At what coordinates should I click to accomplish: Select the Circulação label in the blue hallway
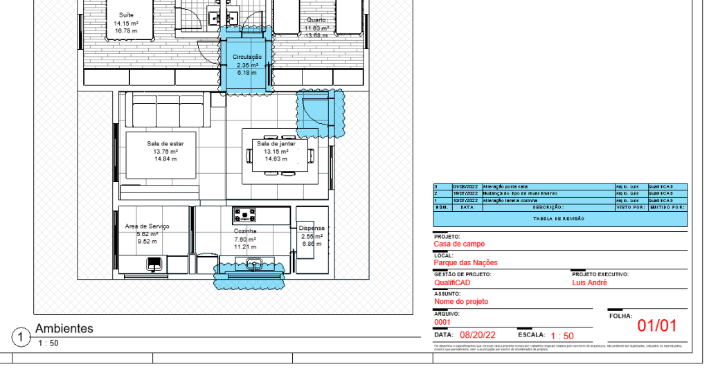click(x=246, y=57)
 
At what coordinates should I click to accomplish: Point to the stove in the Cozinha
click(x=245, y=215)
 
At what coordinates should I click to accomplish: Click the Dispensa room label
click(x=312, y=228)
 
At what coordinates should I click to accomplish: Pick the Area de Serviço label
click(x=147, y=226)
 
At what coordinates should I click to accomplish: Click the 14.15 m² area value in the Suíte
click(x=126, y=23)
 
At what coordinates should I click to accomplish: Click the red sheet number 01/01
click(x=656, y=326)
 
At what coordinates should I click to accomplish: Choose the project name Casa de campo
click(x=459, y=244)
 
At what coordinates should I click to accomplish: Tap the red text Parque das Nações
click(x=465, y=263)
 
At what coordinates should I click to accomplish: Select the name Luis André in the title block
click(x=589, y=282)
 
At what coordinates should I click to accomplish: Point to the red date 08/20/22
click(x=478, y=335)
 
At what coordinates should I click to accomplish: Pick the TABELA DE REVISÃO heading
click(x=559, y=219)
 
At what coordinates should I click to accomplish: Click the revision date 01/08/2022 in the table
click(x=465, y=187)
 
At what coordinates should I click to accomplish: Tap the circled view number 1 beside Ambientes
click(x=22, y=337)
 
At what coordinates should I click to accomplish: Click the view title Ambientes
click(x=64, y=328)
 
